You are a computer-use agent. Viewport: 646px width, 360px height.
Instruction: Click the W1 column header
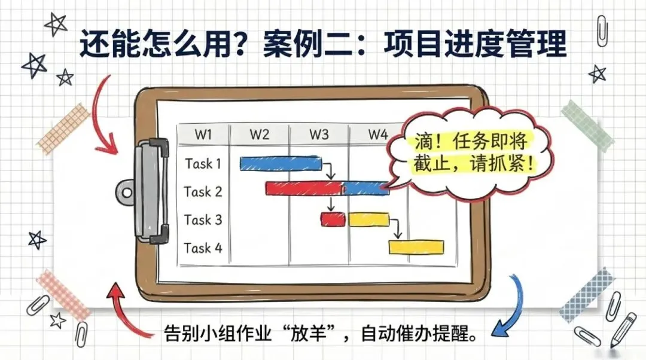pos(203,135)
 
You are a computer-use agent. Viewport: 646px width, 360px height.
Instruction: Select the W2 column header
pos(259,135)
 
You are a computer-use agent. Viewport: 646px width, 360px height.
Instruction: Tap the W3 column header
pos(318,135)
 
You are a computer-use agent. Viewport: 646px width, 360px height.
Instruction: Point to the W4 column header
pos(377,135)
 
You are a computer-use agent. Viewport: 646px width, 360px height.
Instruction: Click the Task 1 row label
pos(203,163)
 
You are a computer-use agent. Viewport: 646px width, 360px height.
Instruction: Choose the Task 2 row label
pos(203,192)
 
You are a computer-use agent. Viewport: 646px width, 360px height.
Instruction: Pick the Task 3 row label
pos(203,220)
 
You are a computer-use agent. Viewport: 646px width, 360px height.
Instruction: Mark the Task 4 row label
pos(203,248)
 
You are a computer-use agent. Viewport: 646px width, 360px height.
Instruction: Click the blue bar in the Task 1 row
pos(280,163)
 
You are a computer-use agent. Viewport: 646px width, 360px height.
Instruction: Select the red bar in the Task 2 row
pos(303,188)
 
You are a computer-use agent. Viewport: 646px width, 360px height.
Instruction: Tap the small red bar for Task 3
pos(333,219)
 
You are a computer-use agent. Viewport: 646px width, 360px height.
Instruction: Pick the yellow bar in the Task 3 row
pos(368,219)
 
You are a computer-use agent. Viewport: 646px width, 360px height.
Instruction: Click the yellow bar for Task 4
pos(416,247)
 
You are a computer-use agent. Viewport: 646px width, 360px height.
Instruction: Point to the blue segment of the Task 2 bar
pos(366,188)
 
